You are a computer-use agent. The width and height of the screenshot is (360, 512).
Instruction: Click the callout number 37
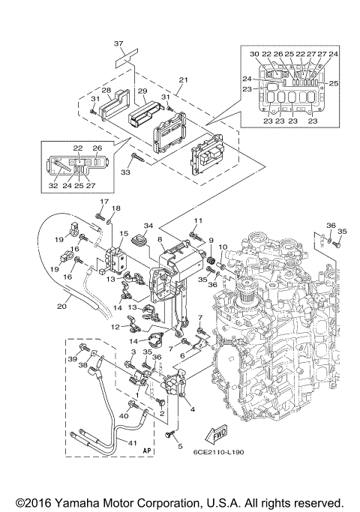point(118,44)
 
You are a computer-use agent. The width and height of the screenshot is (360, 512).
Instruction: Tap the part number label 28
point(106,91)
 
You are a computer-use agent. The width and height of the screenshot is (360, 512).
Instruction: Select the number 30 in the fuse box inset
point(254,54)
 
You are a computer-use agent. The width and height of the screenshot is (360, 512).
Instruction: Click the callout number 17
point(104,202)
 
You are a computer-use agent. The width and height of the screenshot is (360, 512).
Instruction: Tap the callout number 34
point(148,226)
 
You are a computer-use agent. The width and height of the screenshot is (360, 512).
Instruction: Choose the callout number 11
point(199,220)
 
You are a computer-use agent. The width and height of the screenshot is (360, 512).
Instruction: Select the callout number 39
point(73,361)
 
